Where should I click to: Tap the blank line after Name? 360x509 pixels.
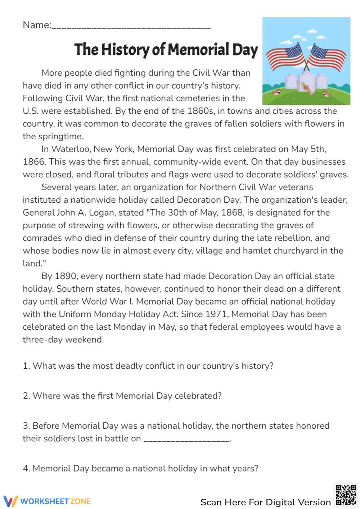(131, 26)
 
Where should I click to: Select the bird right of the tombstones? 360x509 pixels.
(327, 94)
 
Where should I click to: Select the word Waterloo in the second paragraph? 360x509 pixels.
(71, 149)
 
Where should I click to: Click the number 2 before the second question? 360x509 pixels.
(26, 396)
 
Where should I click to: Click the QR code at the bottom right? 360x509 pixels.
(346, 495)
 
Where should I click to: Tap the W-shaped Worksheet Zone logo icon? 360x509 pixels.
(10, 501)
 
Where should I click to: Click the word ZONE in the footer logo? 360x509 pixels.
(80, 501)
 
